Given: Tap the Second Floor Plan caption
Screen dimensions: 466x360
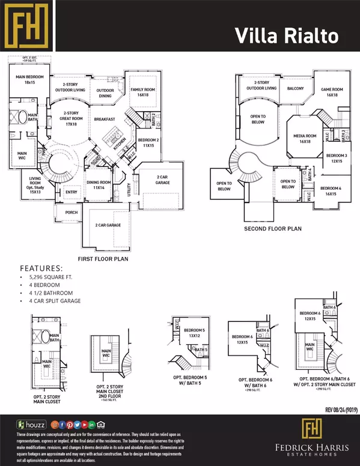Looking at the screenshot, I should [x=272, y=229].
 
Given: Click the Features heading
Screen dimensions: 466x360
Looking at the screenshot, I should [x=41, y=268].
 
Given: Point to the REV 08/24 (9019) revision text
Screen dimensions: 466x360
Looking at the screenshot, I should [x=330, y=410].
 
